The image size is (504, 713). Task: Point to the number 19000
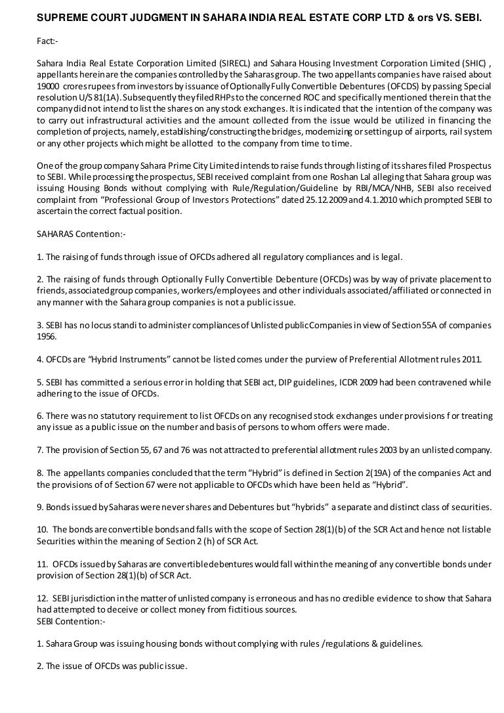pyautogui.click(x=49, y=85)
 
